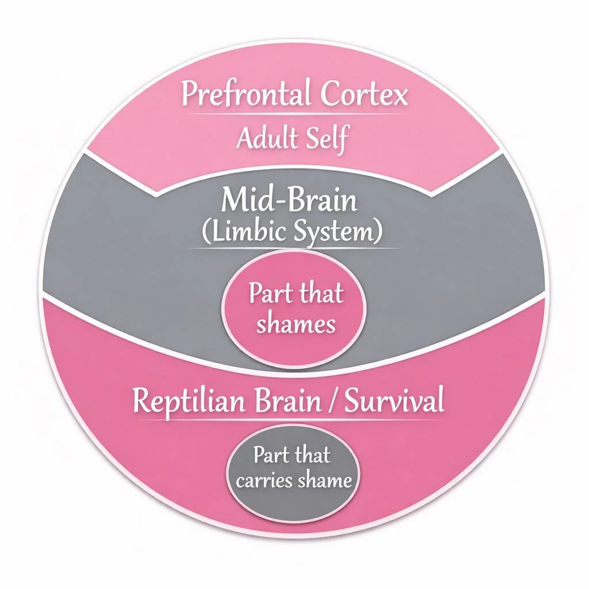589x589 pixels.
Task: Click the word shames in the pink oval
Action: coord(296,324)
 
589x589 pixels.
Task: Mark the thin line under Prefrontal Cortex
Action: coord(294,115)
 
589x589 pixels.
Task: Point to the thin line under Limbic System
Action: coord(294,248)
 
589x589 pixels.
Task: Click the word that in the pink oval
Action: coord(320,294)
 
